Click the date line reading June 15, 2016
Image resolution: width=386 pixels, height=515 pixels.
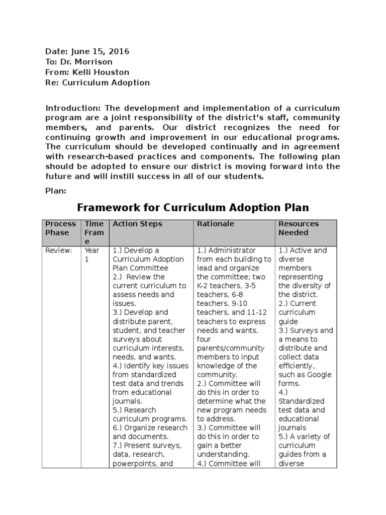(87, 51)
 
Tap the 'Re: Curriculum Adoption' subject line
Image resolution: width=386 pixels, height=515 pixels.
(98, 82)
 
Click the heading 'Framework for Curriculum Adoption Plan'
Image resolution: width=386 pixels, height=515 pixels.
(192, 207)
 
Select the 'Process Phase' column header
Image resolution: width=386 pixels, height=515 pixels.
(61, 228)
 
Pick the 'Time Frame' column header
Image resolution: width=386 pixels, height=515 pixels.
(94, 232)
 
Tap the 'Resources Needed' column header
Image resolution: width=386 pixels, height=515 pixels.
(299, 228)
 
